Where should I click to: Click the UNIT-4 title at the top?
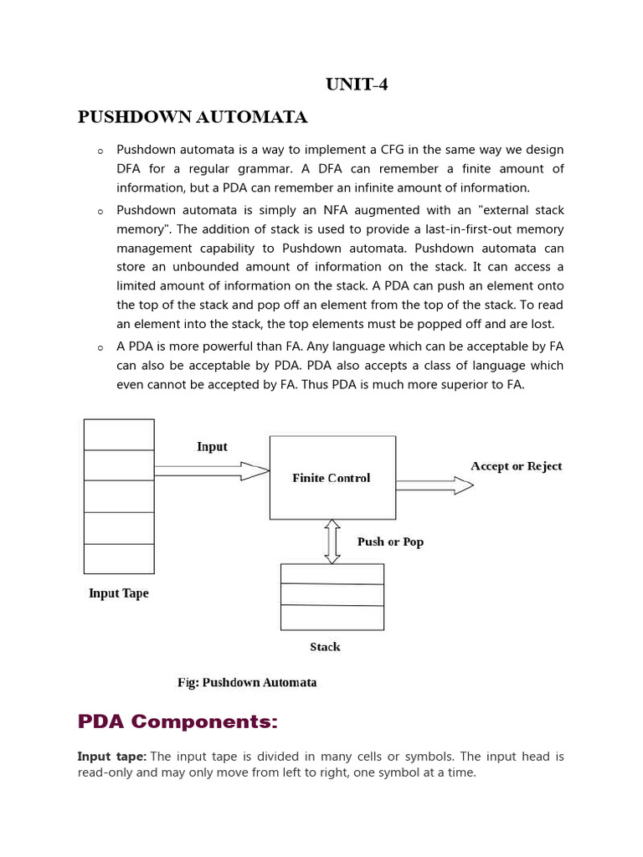coord(356,84)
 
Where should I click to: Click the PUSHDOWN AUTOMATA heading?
coord(193,117)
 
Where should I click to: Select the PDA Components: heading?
coord(177,721)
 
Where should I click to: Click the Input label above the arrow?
coord(212,447)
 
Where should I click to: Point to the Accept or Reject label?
coord(516,466)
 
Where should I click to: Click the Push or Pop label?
coord(390,541)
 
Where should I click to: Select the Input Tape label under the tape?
coord(119,593)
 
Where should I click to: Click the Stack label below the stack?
coord(325,647)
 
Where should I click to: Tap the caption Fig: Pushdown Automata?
coord(247,682)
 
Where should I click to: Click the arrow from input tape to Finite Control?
coord(211,471)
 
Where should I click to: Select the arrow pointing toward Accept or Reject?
coord(434,485)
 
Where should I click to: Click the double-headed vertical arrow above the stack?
coord(332,541)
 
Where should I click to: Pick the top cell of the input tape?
coord(119,434)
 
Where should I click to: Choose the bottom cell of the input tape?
coord(119,558)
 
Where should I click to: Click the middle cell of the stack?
coord(332,594)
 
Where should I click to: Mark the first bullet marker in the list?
coord(100,151)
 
